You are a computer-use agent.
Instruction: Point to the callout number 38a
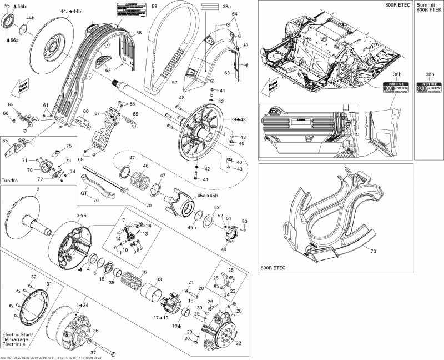click(x=226, y=7)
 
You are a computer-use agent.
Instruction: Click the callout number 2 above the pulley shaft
click(x=38, y=190)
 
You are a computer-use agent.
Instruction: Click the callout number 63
click(x=226, y=72)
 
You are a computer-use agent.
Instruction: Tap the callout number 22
click(x=239, y=343)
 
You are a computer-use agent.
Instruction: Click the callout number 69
click(x=135, y=114)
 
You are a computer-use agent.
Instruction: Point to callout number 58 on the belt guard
click(x=138, y=33)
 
